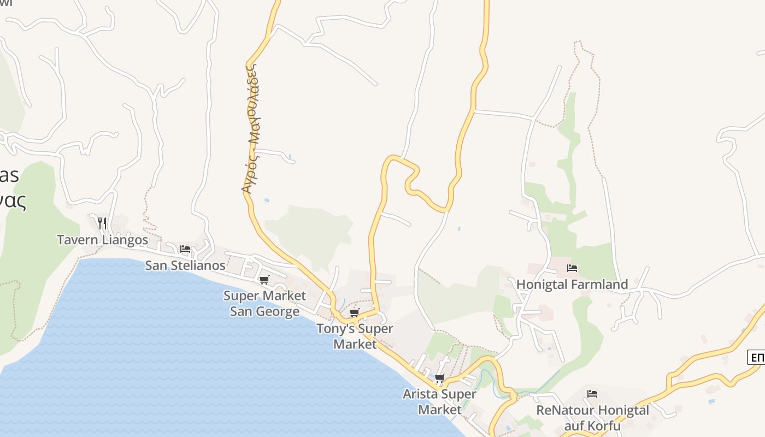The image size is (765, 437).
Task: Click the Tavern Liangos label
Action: (x=102, y=240)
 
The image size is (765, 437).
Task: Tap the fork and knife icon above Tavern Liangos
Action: (x=102, y=223)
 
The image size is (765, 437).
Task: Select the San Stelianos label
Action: (x=185, y=265)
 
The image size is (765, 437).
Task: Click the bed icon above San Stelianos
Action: (x=185, y=249)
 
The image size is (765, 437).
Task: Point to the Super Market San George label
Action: (x=264, y=303)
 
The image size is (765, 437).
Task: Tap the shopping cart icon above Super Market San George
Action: (x=264, y=280)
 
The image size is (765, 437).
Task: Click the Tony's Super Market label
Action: (x=355, y=336)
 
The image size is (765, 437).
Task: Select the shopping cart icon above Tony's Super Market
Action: (x=355, y=313)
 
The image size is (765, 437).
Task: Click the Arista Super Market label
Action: (x=439, y=401)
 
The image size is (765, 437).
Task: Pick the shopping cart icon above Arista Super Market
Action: (x=439, y=378)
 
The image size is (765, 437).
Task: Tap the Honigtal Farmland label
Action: (x=572, y=285)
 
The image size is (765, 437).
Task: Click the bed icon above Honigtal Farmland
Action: (x=572, y=268)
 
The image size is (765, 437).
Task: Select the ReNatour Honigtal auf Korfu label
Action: (x=592, y=418)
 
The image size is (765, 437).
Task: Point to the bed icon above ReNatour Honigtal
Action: (x=592, y=394)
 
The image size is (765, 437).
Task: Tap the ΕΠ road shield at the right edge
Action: (x=757, y=358)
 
